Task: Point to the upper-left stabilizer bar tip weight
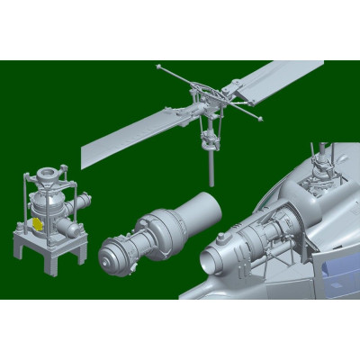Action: [x=157, y=67]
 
